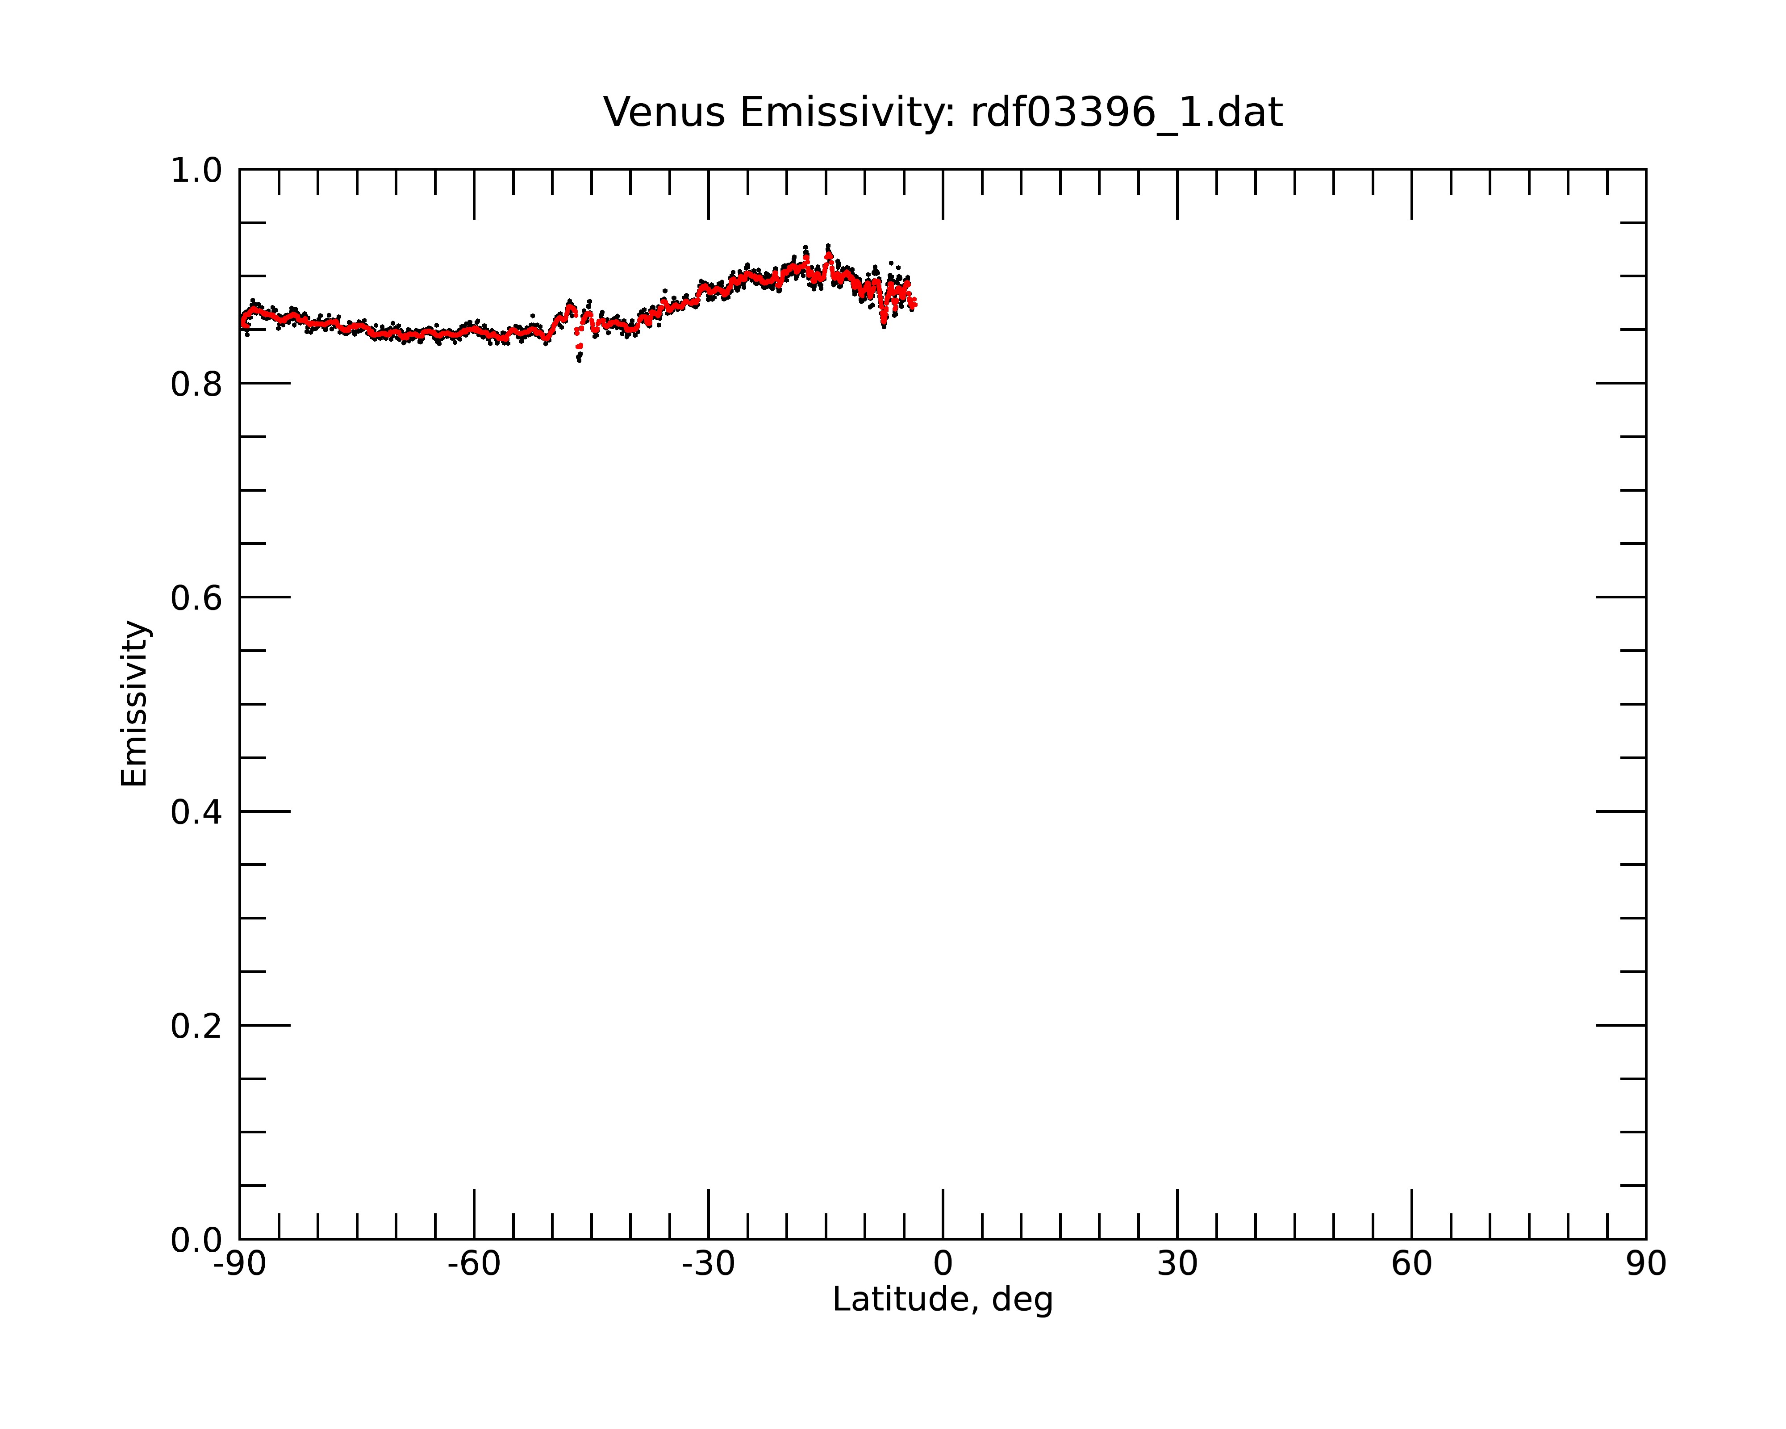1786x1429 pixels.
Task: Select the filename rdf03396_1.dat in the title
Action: [x=1127, y=113]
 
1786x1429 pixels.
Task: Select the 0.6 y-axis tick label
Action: [x=196, y=598]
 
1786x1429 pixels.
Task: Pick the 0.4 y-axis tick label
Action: [x=196, y=812]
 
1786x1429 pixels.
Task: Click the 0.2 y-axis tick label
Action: [x=196, y=1026]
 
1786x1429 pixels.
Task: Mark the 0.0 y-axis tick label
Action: [x=196, y=1240]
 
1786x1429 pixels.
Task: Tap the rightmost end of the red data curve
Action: [x=914, y=305]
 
